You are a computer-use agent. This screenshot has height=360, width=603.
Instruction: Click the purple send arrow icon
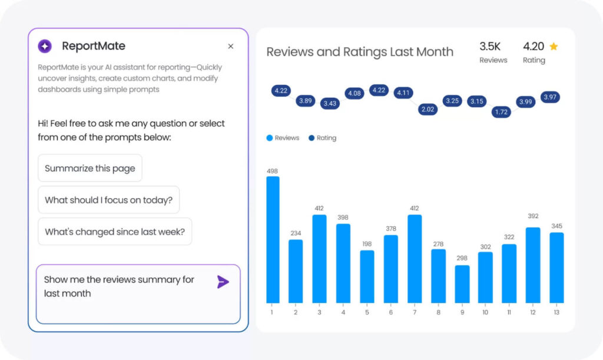[x=223, y=282]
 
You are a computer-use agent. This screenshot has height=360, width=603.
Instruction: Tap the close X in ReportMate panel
[x=231, y=46]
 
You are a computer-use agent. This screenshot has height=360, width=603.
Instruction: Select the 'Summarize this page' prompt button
[x=90, y=169]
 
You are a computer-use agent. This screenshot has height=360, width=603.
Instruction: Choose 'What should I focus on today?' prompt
[x=108, y=200]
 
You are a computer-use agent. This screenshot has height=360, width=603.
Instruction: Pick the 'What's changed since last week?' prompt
[x=115, y=232]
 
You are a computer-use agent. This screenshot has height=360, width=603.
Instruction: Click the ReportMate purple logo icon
[x=45, y=46]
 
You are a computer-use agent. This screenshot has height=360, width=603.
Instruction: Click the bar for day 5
[x=367, y=276]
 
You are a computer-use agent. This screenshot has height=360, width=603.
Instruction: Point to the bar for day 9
[x=462, y=284]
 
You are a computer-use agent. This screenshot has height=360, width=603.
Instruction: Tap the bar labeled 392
[x=533, y=265]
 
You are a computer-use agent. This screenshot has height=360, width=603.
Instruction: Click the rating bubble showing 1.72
[x=502, y=111]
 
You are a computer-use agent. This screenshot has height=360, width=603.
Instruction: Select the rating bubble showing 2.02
[x=428, y=109]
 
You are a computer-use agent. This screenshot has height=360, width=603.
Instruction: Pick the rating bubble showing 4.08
[x=354, y=93]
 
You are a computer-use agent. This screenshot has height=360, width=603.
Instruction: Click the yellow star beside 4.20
[x=554, y=46]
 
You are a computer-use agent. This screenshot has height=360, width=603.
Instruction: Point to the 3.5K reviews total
[x=490, y=46]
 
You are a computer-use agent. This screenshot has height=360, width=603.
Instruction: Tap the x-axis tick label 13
[x=556, y=312]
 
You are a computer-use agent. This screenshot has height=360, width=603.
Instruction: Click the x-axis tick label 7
[x=415, y=312]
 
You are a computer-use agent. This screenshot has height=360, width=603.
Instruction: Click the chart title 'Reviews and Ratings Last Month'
[x=360, y=52]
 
